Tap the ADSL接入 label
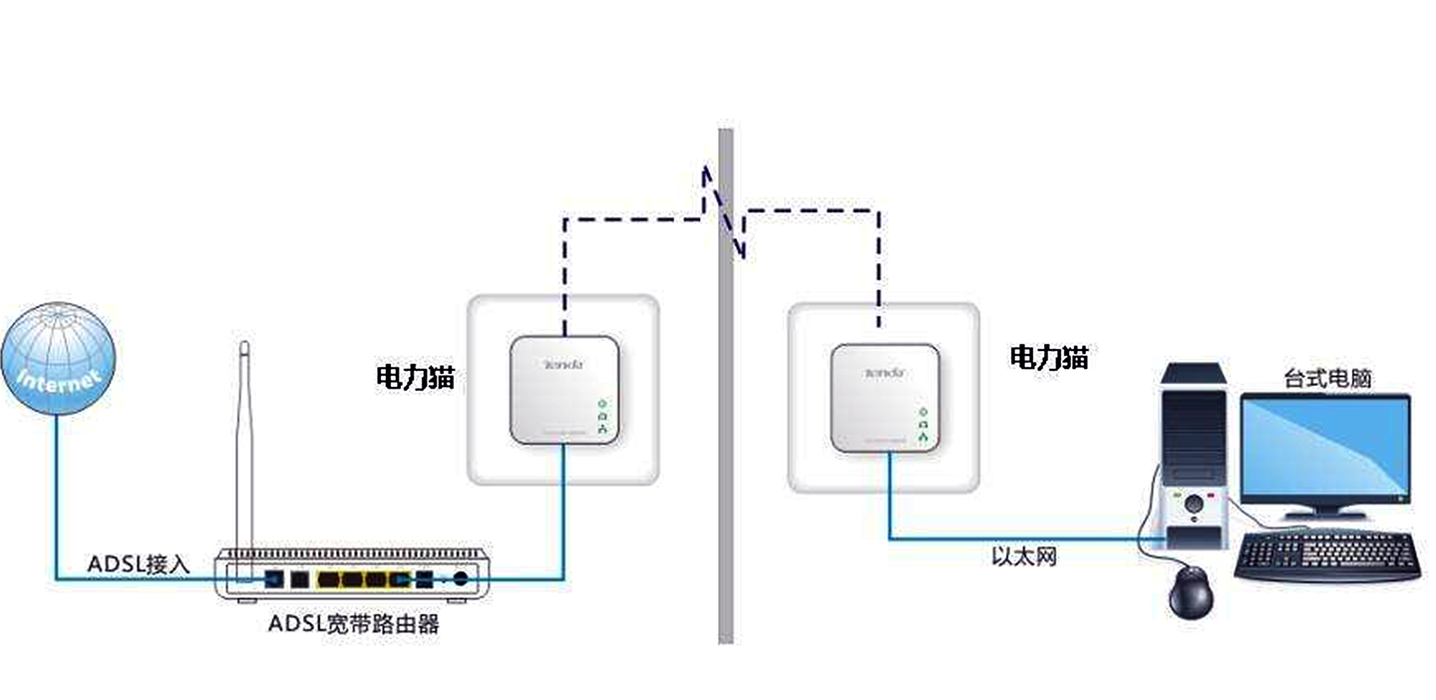click(138, 563)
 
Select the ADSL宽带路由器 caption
click(354, 625)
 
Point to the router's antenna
click(243, 449)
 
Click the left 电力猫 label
click(415, 377)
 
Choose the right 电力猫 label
click(1049, 357)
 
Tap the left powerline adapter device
click(563, 390)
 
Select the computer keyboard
click(1327, 556)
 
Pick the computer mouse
click(1192, 594)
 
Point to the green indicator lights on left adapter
click(601, 416)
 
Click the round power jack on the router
click(461, 578)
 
